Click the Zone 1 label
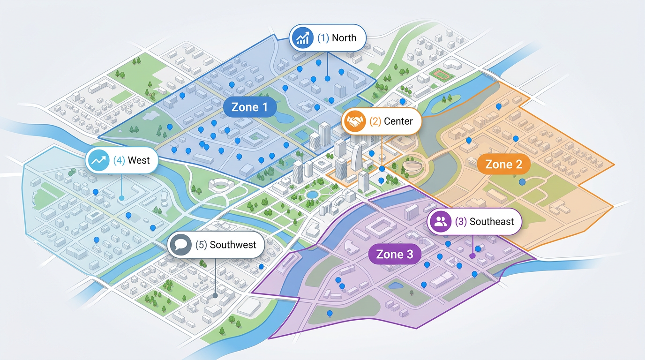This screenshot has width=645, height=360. click(249, 107)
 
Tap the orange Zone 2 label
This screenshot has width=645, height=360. click(503, 164)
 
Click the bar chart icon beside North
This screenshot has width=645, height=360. click(301, 38)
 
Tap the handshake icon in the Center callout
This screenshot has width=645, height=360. click(355, 121)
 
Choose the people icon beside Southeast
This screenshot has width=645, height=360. click(441, 222)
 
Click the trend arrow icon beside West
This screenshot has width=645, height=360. click(98, 160)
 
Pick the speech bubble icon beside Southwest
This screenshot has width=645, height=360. click(180, 245)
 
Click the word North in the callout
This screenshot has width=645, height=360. click(344, 38)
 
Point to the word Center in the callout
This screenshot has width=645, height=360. click(398, 121)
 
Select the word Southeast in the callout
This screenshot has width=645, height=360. click(492, 222)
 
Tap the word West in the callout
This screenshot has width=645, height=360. click(139, 160)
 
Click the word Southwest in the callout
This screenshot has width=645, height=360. click(233, 245)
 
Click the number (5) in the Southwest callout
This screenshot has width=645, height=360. click(201, 245)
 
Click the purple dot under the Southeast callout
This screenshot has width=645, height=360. click(472, 256)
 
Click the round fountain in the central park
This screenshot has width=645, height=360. click(311, 194)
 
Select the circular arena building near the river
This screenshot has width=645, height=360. click(414, 165)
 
